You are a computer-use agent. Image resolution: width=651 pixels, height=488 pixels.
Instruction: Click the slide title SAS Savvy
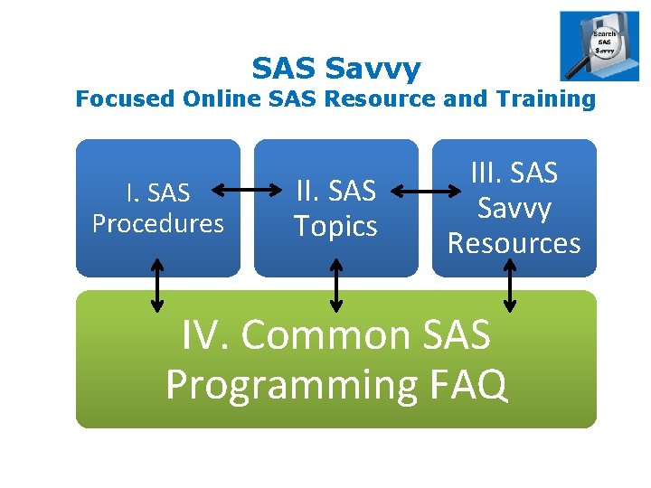click(x=335, y=68)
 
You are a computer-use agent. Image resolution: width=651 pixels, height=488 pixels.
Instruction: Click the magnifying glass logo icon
click(x=599, y=46)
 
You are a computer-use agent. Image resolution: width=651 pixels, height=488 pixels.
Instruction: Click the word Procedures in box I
click(x=158, y=223)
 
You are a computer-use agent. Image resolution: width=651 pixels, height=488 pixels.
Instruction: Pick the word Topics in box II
click(x=335, y=226)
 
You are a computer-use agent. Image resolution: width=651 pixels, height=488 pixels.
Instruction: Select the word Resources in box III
click(x=514, y=243)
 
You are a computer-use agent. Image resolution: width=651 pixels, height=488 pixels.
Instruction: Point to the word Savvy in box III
click(x=514, y=208)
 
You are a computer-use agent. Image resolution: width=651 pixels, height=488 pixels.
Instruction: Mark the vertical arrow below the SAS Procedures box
click(x=157, y=285)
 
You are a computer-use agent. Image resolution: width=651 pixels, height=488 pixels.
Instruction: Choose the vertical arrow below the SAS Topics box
click(x=336, y=285)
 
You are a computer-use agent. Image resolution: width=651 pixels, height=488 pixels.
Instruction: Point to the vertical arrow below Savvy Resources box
click(x=511, y=285)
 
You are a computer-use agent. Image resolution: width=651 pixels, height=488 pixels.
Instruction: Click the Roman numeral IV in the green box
click(x=204, y=335)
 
